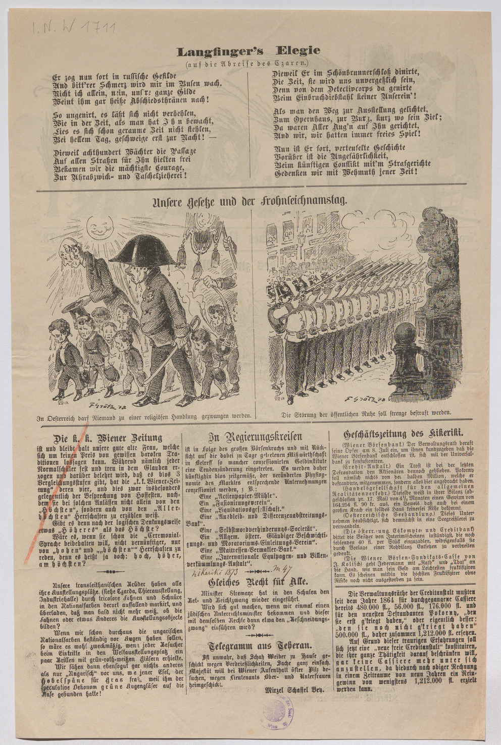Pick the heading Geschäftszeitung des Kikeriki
coord(404,435)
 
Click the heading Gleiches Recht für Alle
coord(255,581)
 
